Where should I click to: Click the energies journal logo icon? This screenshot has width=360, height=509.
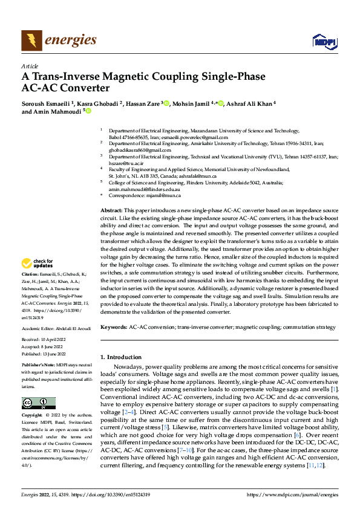pyautogui.click(x=30, y=40)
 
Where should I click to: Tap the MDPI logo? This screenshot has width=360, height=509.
pyautogui.click(x=324, y=41)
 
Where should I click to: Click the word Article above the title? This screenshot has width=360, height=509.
pyautogui.click(x=29, y=66)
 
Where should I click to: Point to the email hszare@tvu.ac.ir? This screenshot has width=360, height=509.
pyautogui.click(x=122, y=163)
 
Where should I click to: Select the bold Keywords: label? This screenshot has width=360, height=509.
pyautogui.click(x=114, y=327)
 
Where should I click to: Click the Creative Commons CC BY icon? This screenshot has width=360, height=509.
pyautogui.click(x=38, y=403)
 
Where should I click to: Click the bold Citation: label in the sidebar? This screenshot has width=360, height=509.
pyautogui.click(x=31, y=274)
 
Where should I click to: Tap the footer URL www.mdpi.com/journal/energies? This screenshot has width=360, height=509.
pyautogui.click(x=292, y=494)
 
